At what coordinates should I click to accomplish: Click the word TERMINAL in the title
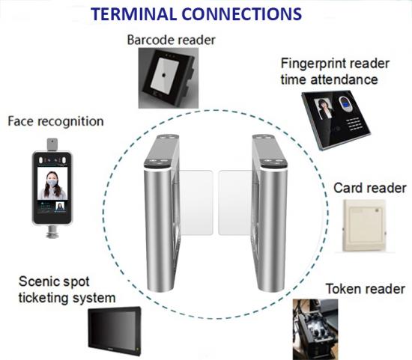[134, 14]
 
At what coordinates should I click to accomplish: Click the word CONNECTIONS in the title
[242, 14]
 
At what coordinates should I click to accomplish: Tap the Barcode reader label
[171, 40]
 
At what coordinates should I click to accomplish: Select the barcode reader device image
[169, 78]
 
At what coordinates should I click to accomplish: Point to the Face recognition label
[55, 121]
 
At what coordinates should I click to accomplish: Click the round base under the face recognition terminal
[52, 232]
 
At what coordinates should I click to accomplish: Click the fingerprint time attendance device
[336, 120]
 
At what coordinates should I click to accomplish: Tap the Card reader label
[370, 188]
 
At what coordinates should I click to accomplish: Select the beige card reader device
[365, 226]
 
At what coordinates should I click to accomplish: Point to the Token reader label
[366, 289]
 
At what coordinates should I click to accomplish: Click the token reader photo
[315, 329]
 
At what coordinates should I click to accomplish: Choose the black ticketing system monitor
[115, 332]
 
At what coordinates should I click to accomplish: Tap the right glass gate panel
[235, 202]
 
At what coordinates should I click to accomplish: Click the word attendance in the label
[345, 79]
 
